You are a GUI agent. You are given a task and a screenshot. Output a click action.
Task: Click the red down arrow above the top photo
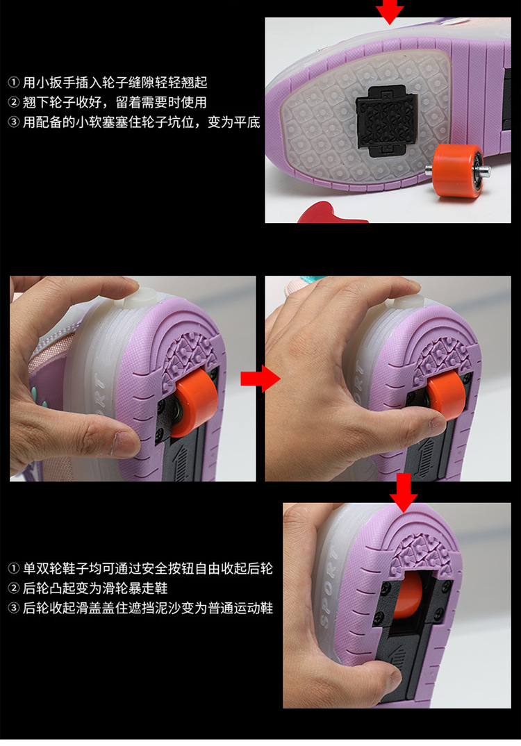(x=390, y=11)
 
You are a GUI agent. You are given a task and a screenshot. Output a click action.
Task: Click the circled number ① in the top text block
(x=14, y=83)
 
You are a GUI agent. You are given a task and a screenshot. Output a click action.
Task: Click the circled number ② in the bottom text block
(x=14, y=588)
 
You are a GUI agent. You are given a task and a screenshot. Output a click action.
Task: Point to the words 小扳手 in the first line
(x=56, y=83)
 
